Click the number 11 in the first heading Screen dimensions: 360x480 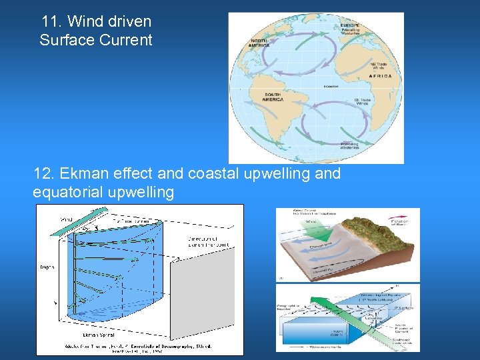click(49, 21)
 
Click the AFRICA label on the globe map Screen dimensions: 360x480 click(385, 76)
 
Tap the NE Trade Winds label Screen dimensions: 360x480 click(379, 65)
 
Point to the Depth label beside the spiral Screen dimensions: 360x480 click(46, 267)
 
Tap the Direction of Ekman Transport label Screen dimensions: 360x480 click(207, 241)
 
